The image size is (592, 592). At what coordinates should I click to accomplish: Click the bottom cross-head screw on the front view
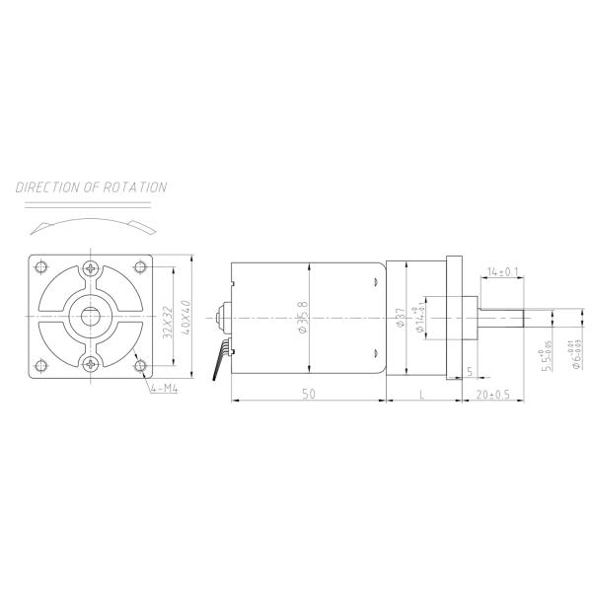pyautogui.click(x=92, y=365)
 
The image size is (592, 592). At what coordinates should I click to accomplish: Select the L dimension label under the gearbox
pyautogui.click(x=422, y=394)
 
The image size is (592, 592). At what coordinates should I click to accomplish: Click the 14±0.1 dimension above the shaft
pyautogui.click(x=502, y=270)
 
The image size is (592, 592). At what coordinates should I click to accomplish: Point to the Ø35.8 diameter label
pyautogui.click(x=303, y=317)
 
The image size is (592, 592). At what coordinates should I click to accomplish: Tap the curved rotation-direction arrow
pyautogui.click(x=91, y=223)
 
